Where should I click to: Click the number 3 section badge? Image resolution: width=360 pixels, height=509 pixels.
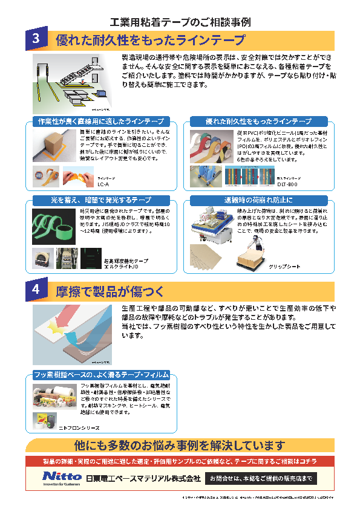point(36,41)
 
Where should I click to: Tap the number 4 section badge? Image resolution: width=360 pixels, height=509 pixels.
point(36,291)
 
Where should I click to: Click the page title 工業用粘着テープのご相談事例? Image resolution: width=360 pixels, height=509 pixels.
point(180,22)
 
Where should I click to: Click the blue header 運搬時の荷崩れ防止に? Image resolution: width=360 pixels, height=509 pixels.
point(258,199)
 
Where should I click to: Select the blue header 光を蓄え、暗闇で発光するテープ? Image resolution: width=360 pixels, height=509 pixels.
point(101,199)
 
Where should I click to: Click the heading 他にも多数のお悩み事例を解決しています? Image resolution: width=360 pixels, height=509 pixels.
point(180,446)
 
